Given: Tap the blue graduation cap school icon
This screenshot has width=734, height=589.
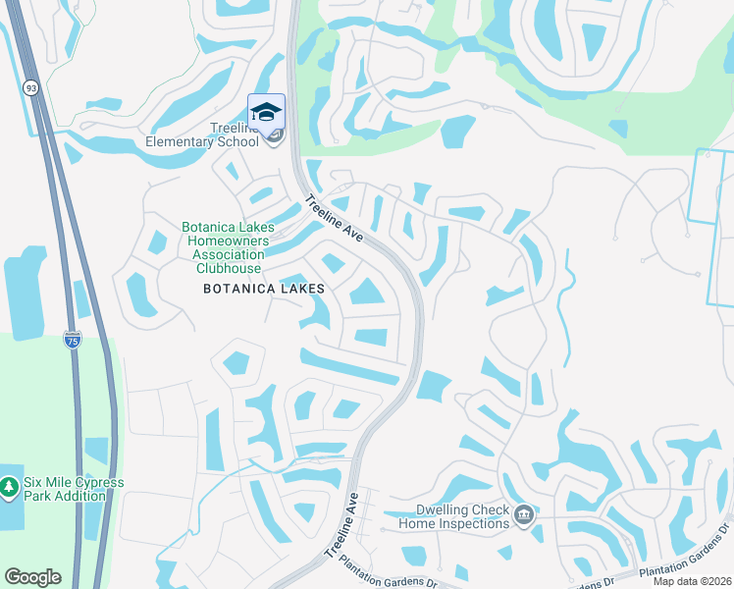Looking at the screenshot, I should click(266, 112).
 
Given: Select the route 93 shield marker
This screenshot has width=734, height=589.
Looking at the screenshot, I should click(32, 88).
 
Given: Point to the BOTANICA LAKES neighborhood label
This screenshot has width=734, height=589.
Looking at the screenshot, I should click(263, 290).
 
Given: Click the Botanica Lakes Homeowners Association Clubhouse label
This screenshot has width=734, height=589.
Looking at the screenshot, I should click(229, 247).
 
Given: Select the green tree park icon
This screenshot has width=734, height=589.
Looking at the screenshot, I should click(10, 487).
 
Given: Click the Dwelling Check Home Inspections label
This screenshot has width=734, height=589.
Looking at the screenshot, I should click(453, 516).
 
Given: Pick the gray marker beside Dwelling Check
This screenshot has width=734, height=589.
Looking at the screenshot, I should click(524, 515).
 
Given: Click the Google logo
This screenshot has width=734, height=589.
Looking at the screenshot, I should click(32, 576).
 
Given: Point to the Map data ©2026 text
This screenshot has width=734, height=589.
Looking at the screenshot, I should click(692, 581).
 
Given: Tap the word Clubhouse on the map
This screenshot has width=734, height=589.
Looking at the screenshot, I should click(229, 268).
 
